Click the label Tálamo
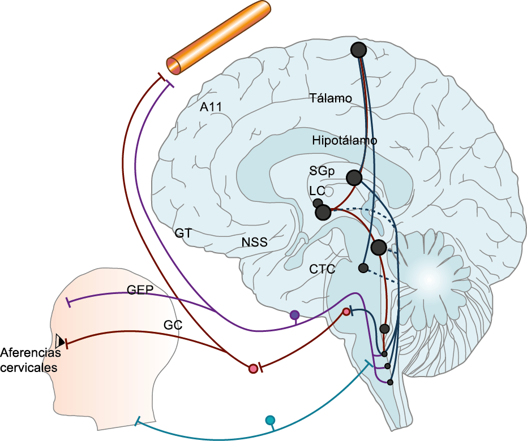(331, 98)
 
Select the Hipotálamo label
(344, 140)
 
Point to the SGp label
(322, 170)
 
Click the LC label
(317, 191)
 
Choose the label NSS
(254, 243)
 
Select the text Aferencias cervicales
(29, 360)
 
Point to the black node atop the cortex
(358, 50)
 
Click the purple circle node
(294, 315)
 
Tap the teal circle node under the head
(270, 420)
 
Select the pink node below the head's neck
(253, 369)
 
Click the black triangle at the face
(59, 341)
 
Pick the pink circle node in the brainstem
(346, 312)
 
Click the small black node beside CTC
(363, 268)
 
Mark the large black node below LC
(323, 213)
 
